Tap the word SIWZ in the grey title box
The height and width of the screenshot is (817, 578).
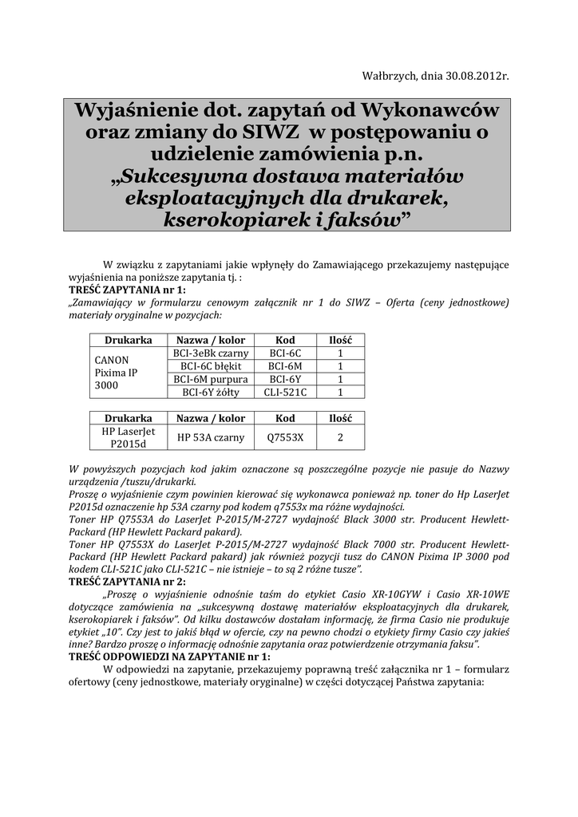[x=272, y=130]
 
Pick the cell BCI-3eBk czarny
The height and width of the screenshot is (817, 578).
[x=211, y=353]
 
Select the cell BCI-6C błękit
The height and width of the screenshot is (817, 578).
[x=211, y=365]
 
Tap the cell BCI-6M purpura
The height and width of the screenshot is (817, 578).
[x=211, y=379]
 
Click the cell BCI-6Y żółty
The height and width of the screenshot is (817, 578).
[x=211, y=392]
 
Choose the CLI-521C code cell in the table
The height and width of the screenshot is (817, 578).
[x=285, y=392]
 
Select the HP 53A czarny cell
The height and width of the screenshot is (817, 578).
[x=211, y=436]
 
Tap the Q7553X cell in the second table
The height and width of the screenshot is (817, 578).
[x=285, y=436]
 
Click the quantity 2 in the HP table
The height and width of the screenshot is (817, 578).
[x=341, y=436]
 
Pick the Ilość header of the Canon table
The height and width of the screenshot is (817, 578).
[x=341, y=339]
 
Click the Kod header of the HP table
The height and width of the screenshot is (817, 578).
[x=285, y=418]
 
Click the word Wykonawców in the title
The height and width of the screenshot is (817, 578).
[x=430, y=109]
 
